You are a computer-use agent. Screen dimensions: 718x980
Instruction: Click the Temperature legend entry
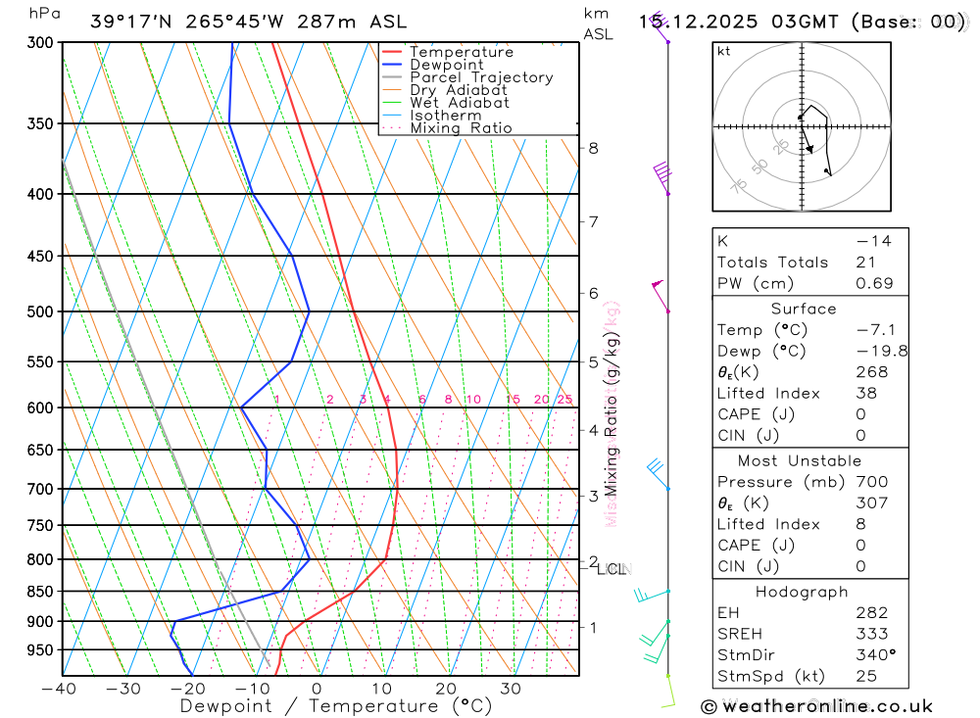461,52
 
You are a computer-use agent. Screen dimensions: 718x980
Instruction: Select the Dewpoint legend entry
446,65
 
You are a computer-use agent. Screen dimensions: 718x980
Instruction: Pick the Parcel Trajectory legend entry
481,77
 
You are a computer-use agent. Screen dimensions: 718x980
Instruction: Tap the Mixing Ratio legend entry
461,127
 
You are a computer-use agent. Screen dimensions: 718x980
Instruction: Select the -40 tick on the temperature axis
61,689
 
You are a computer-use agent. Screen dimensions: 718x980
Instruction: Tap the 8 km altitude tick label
593,148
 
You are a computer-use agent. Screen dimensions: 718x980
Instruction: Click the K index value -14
873,241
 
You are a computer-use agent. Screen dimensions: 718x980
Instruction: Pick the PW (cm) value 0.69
875,283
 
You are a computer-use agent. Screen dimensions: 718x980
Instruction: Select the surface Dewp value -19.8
868,351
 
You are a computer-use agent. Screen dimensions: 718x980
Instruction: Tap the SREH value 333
871,634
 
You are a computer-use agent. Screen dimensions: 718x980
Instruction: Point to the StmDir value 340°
871,654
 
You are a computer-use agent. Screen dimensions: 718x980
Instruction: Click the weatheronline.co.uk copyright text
816,706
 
